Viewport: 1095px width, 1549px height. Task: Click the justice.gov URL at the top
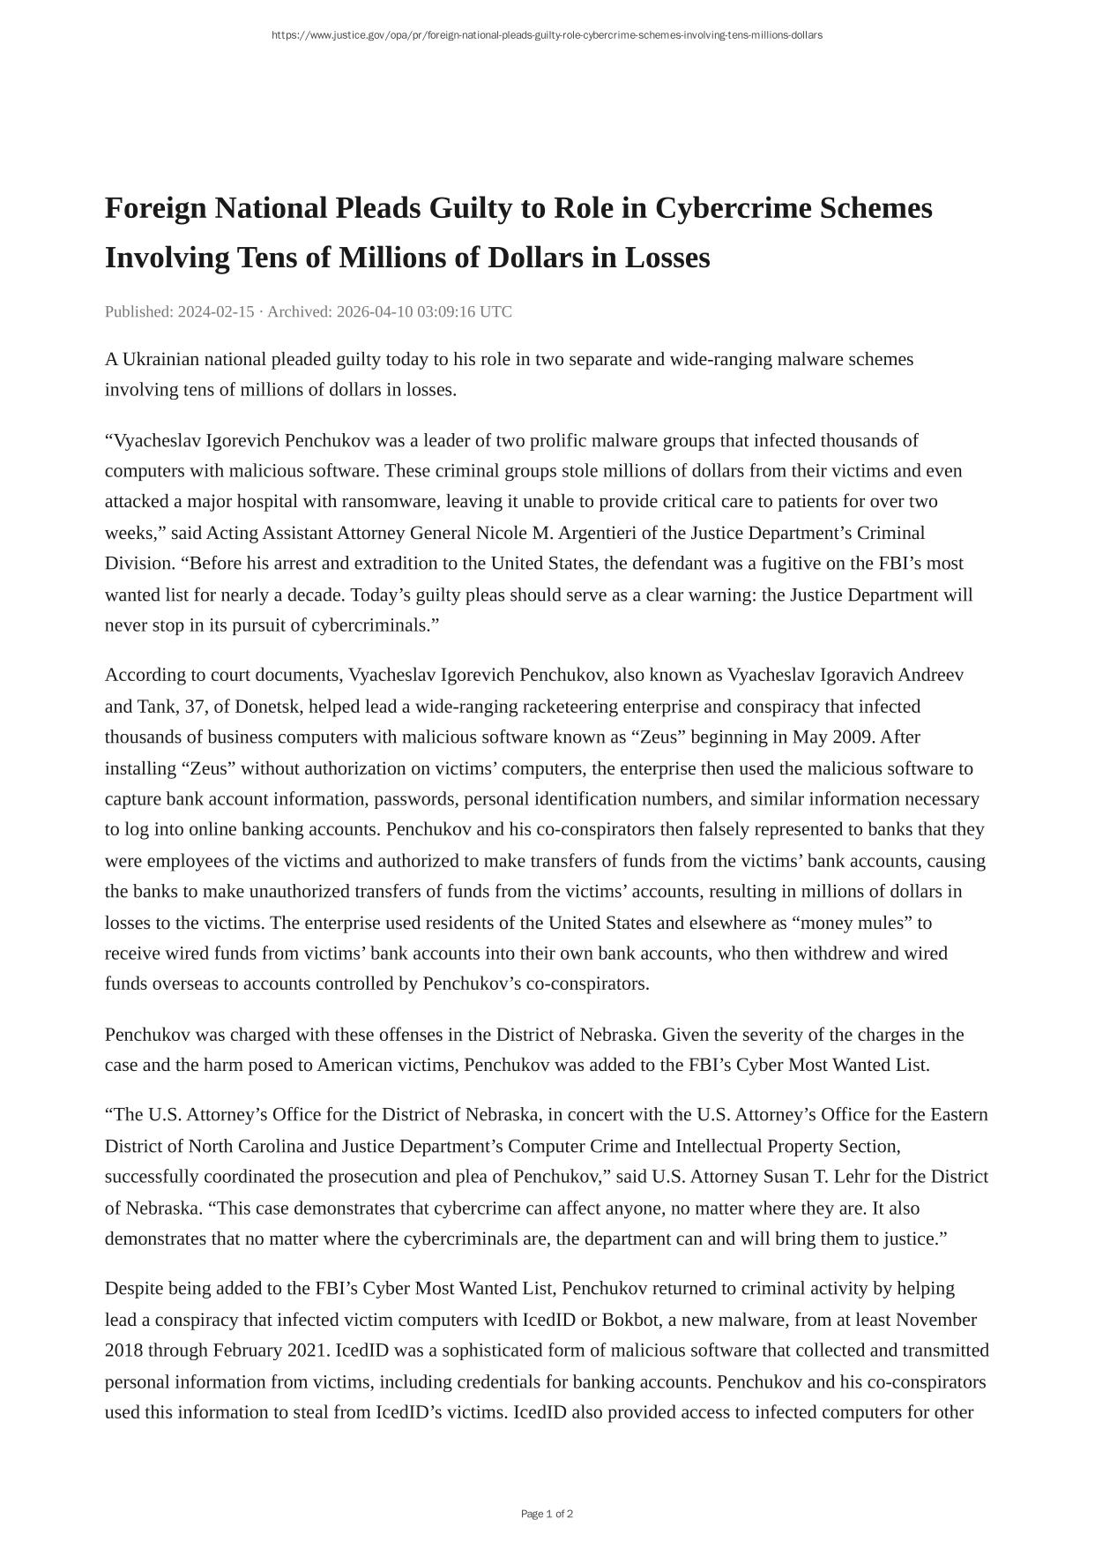[x=547, y=35]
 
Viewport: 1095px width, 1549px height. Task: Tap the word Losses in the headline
[x=667, y=258]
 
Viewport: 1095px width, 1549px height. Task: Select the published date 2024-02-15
[x=216, y=311]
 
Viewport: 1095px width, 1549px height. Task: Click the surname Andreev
[x=931, y=675]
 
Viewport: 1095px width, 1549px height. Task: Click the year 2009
[x=852, y=737]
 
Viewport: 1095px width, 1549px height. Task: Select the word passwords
[x=414, y=798]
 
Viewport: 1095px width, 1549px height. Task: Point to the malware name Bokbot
[x=632, y=1320]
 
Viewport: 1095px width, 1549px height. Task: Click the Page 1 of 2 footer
[x=547, y=1514]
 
